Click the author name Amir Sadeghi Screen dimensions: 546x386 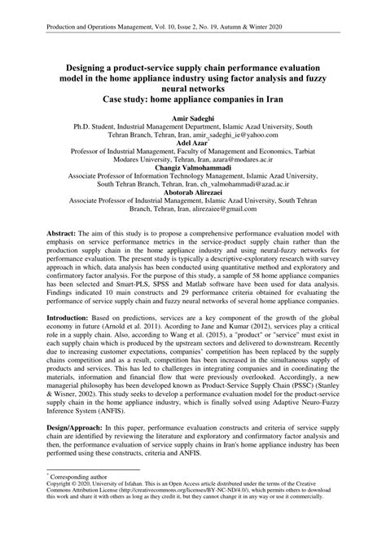(192, 118)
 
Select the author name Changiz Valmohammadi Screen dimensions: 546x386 (192, 169)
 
